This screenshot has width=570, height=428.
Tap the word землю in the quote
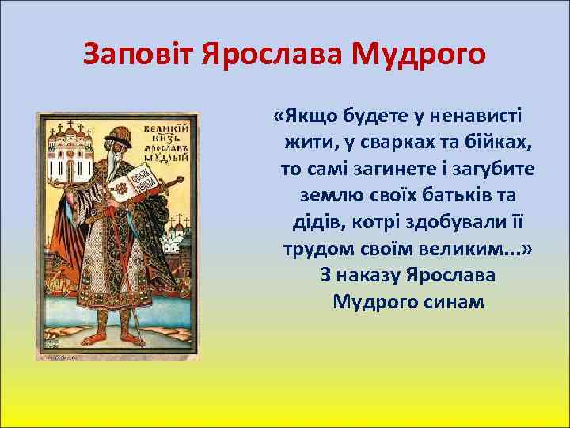(x=331, y=196)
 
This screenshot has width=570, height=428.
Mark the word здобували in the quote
(x=429, y=222)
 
